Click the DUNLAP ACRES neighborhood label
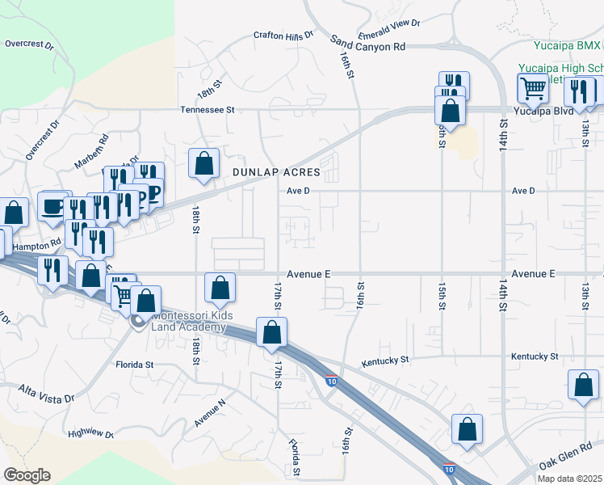point(276,173)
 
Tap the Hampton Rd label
point(38,242)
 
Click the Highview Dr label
point(90,433)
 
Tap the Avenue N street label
point(209,412)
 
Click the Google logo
point(27,475)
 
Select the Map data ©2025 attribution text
point(569,479)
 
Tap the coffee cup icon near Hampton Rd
point(53,208)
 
